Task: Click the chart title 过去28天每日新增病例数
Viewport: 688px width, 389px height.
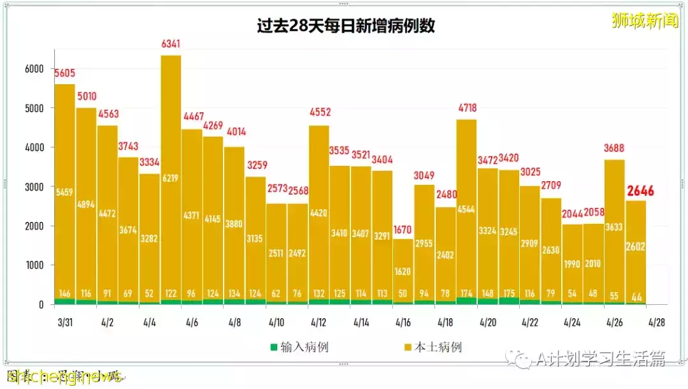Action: [x=346, y=26]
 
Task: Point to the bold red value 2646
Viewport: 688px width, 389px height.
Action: [x=640, y=191]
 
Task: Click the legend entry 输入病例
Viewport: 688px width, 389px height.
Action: [x=299, y=348]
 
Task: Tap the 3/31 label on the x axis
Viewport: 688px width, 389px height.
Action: [x=64, y=323]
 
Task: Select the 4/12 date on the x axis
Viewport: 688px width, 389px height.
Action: [x=319, y=323]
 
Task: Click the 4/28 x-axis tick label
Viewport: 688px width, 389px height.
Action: [x=657, y=323]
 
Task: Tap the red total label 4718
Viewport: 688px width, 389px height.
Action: [x=466, y=108]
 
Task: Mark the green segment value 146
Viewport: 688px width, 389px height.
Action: [x=65, y=294]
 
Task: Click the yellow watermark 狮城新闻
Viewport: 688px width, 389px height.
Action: [x=645, y=21]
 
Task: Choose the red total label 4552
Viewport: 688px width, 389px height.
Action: [x=319, y=114]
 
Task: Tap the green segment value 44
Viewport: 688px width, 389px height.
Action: [x=635, y=295]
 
